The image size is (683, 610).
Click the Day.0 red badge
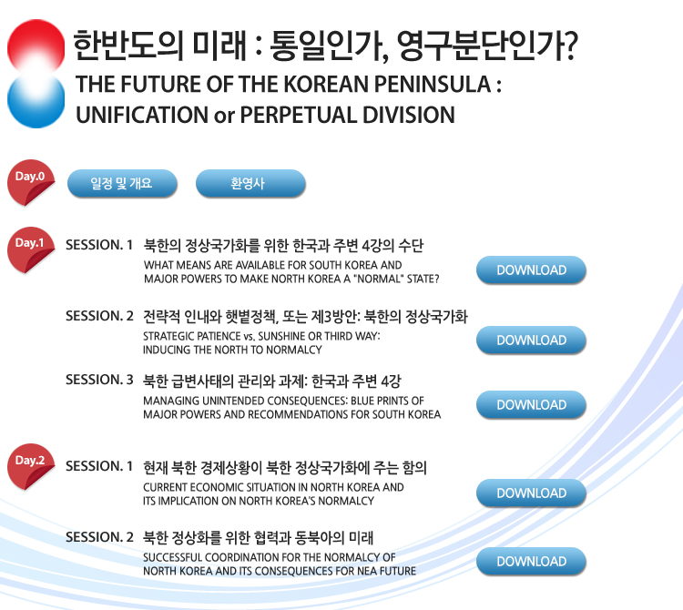click(30, 182)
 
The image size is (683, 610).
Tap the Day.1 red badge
click(30, 249)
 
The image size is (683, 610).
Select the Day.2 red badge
click(30, 466)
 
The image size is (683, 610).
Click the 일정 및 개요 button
click(122, 183)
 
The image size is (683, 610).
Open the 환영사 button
click(250, 183)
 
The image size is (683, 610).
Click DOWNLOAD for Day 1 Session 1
click(531, 270)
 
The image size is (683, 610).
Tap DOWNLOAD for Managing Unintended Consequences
click(531, 404)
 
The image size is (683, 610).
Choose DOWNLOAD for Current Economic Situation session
click(531, 493)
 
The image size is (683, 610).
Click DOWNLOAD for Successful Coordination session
click(531, 561)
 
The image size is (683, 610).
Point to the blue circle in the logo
click(36, 101)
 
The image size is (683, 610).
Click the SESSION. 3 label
click(99, 380)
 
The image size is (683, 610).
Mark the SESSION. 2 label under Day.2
click(99, 537)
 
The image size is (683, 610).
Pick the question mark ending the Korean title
click(569, 46)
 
